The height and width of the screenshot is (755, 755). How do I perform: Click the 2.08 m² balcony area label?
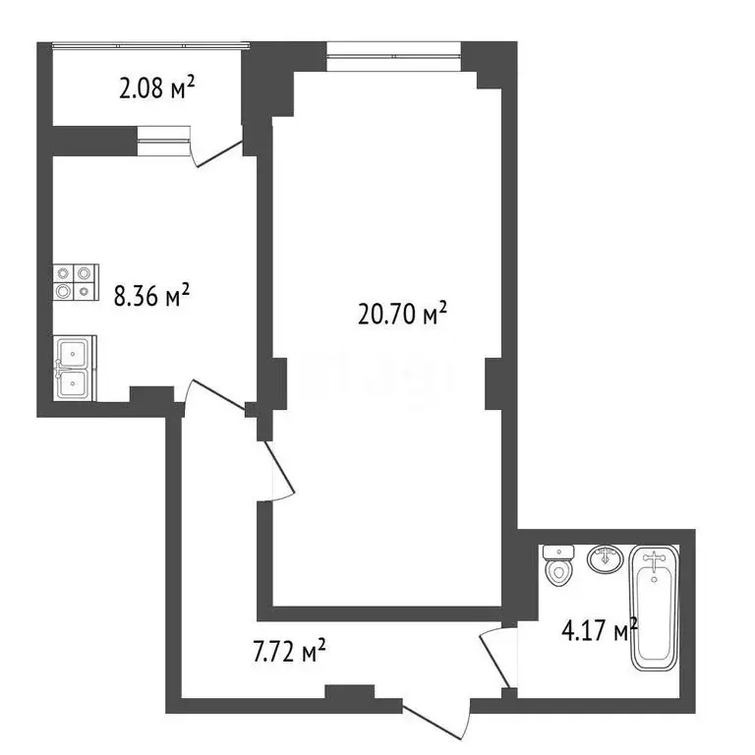(156, 90)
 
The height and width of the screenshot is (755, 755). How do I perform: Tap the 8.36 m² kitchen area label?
(151, 295)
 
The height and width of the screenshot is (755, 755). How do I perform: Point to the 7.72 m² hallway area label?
(290, 650)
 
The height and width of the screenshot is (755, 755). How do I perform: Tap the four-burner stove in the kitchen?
(77, 282)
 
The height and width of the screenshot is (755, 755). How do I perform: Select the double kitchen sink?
(76, 368)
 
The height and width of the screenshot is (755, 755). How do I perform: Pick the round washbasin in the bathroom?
(605, 559)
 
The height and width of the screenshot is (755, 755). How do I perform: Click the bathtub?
(655, 610)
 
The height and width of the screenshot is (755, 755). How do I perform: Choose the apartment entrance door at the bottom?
(436, 718)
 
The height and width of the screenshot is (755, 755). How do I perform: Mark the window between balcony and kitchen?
(163, 142)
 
